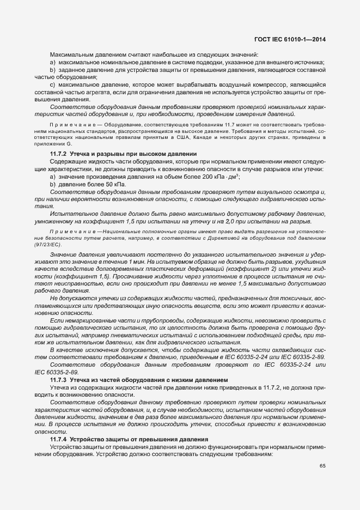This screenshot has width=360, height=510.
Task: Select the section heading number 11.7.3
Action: pos(58,379)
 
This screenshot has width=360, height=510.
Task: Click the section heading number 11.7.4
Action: pos(58,439)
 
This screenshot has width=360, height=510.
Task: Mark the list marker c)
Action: pos(52,85)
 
